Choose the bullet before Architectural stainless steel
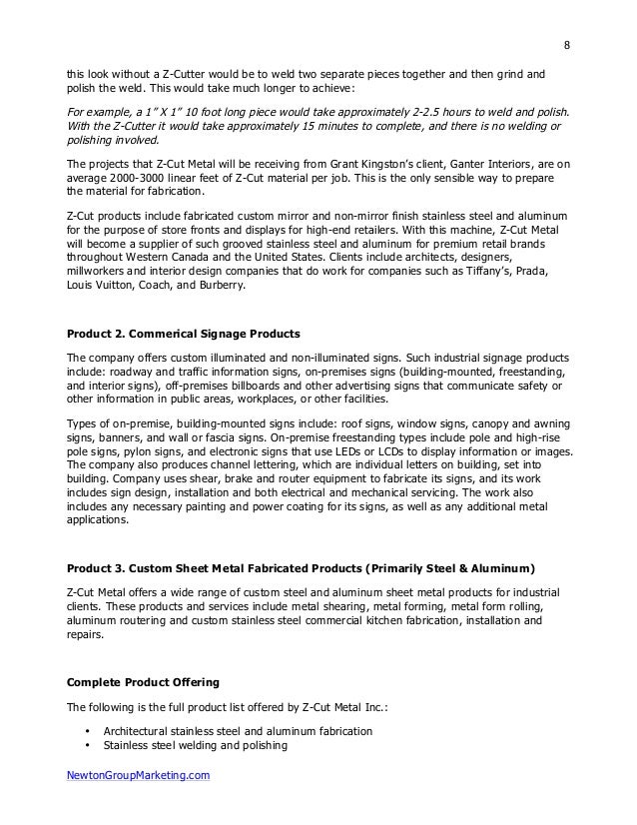90,731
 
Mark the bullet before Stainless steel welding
90,745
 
